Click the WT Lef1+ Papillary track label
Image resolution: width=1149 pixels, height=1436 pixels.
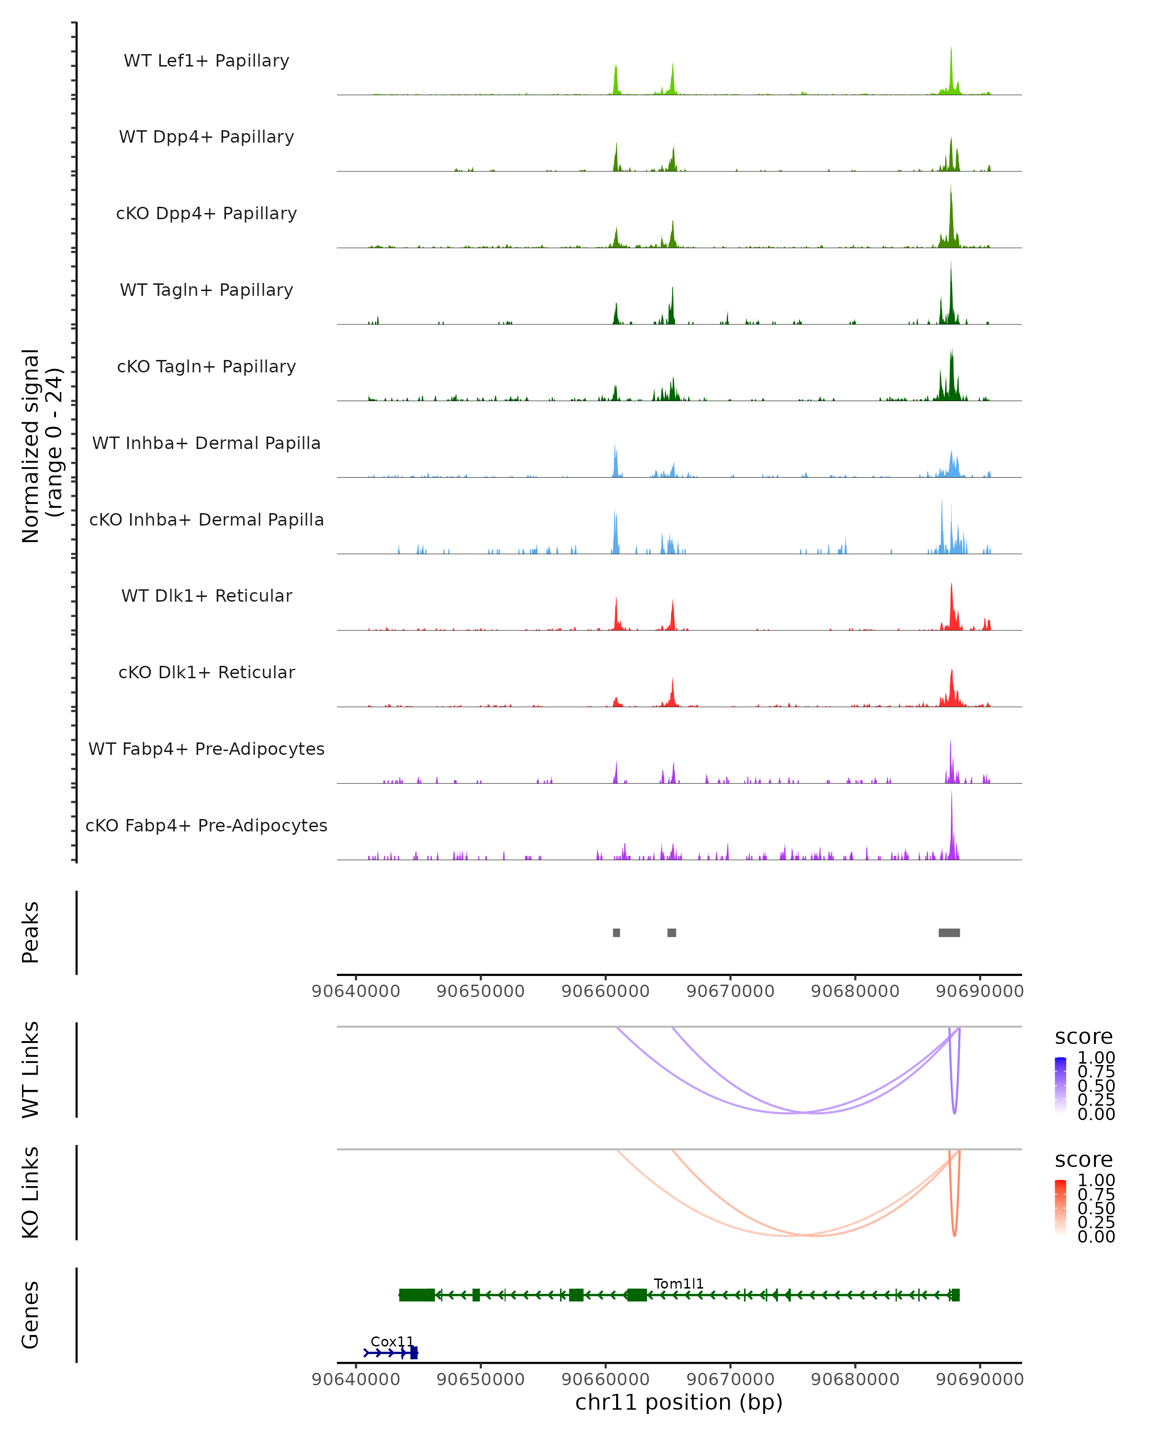click(x=206, y=61)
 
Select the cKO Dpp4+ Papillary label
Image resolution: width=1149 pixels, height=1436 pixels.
click(x=206, y=213)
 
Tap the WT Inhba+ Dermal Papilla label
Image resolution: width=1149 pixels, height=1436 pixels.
click(x=206, y=443)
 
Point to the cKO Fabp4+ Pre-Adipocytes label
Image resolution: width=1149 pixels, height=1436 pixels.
click(x=206, y=825)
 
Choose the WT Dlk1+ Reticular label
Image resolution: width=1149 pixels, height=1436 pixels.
click(x=206, y=595)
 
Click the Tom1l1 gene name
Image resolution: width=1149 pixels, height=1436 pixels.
click(x=678, y=1283)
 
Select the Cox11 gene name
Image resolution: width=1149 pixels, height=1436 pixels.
click(x=392, y=1341)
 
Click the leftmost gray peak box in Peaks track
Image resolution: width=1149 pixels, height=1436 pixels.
click(x=616, y=932)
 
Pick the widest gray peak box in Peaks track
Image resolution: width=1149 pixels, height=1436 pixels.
click(x=949, y=932)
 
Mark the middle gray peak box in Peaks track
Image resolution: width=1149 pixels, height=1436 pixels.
click(x=671, y=932)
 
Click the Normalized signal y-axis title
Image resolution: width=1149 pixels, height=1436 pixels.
click(x=41, y=446)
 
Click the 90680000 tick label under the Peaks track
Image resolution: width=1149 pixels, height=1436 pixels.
click(x=855, y=991)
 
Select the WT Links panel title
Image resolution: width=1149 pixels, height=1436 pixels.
click(x=30, y=1070)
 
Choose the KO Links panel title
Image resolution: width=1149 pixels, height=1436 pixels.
click(x=30, y=1192)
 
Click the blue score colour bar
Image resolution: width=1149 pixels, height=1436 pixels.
click(x=1060, y=1084)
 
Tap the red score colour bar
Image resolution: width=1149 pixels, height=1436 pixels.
click(x=1060, y=1207)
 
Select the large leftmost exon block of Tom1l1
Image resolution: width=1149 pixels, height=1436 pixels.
click(x=417, y=1295)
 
